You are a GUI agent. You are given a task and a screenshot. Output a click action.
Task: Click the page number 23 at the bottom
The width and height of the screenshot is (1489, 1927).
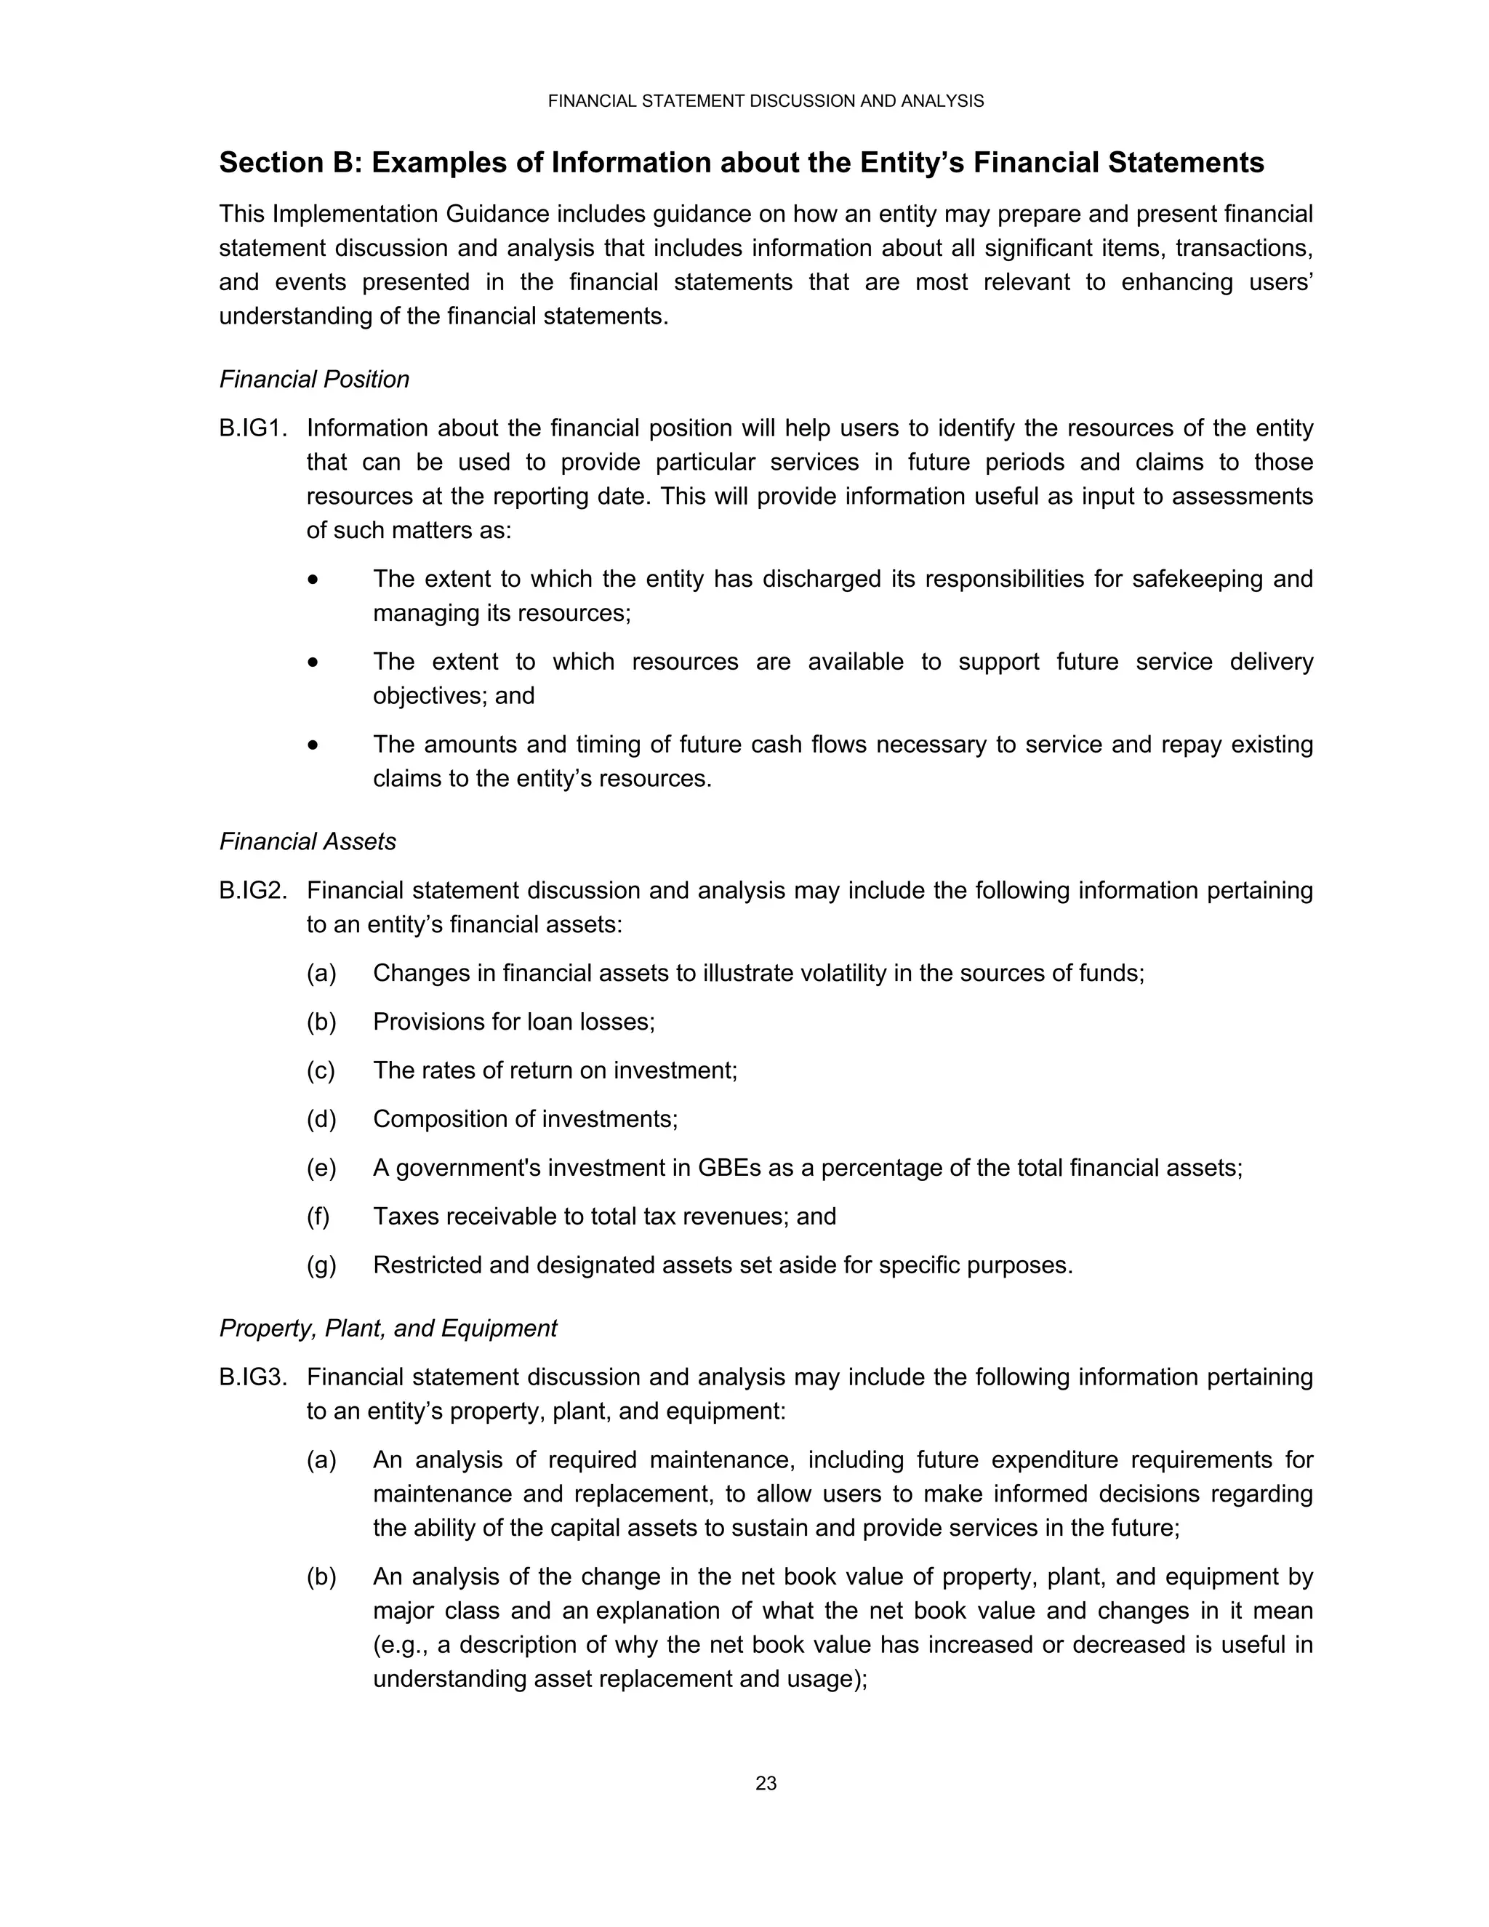click(x=766, y=1783)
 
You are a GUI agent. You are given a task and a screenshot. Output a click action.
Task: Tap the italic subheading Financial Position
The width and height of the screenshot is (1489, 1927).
click(x=314, y=380)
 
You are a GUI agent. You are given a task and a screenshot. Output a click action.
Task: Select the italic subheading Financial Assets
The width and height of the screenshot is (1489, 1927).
click(x=307, y=842)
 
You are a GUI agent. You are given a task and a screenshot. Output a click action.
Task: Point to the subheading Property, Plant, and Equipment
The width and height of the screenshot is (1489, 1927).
click(x=388, y=1328)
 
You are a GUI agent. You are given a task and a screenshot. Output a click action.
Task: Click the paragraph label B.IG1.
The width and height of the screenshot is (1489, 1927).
click(x=253, y=429)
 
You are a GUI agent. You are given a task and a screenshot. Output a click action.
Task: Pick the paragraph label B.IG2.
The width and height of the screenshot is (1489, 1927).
click(x=253, y=892)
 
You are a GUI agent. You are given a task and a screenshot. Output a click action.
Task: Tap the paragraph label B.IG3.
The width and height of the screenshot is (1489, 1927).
click(x=253, y=1377)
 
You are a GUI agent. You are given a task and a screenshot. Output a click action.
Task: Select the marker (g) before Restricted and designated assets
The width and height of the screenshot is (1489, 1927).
click(x=321, y=1265)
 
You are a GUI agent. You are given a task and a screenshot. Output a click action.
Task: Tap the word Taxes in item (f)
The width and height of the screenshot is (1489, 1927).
click(x=403, y=1217)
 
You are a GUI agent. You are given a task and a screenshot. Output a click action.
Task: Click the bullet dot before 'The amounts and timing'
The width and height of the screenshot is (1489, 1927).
click(x=313, y=745)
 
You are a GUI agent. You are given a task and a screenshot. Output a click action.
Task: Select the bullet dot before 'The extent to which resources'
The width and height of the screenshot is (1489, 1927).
click(x=313, y=662)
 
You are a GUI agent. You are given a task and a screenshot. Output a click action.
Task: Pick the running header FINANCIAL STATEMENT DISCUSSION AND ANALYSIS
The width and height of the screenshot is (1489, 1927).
click(x=766, y=102)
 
